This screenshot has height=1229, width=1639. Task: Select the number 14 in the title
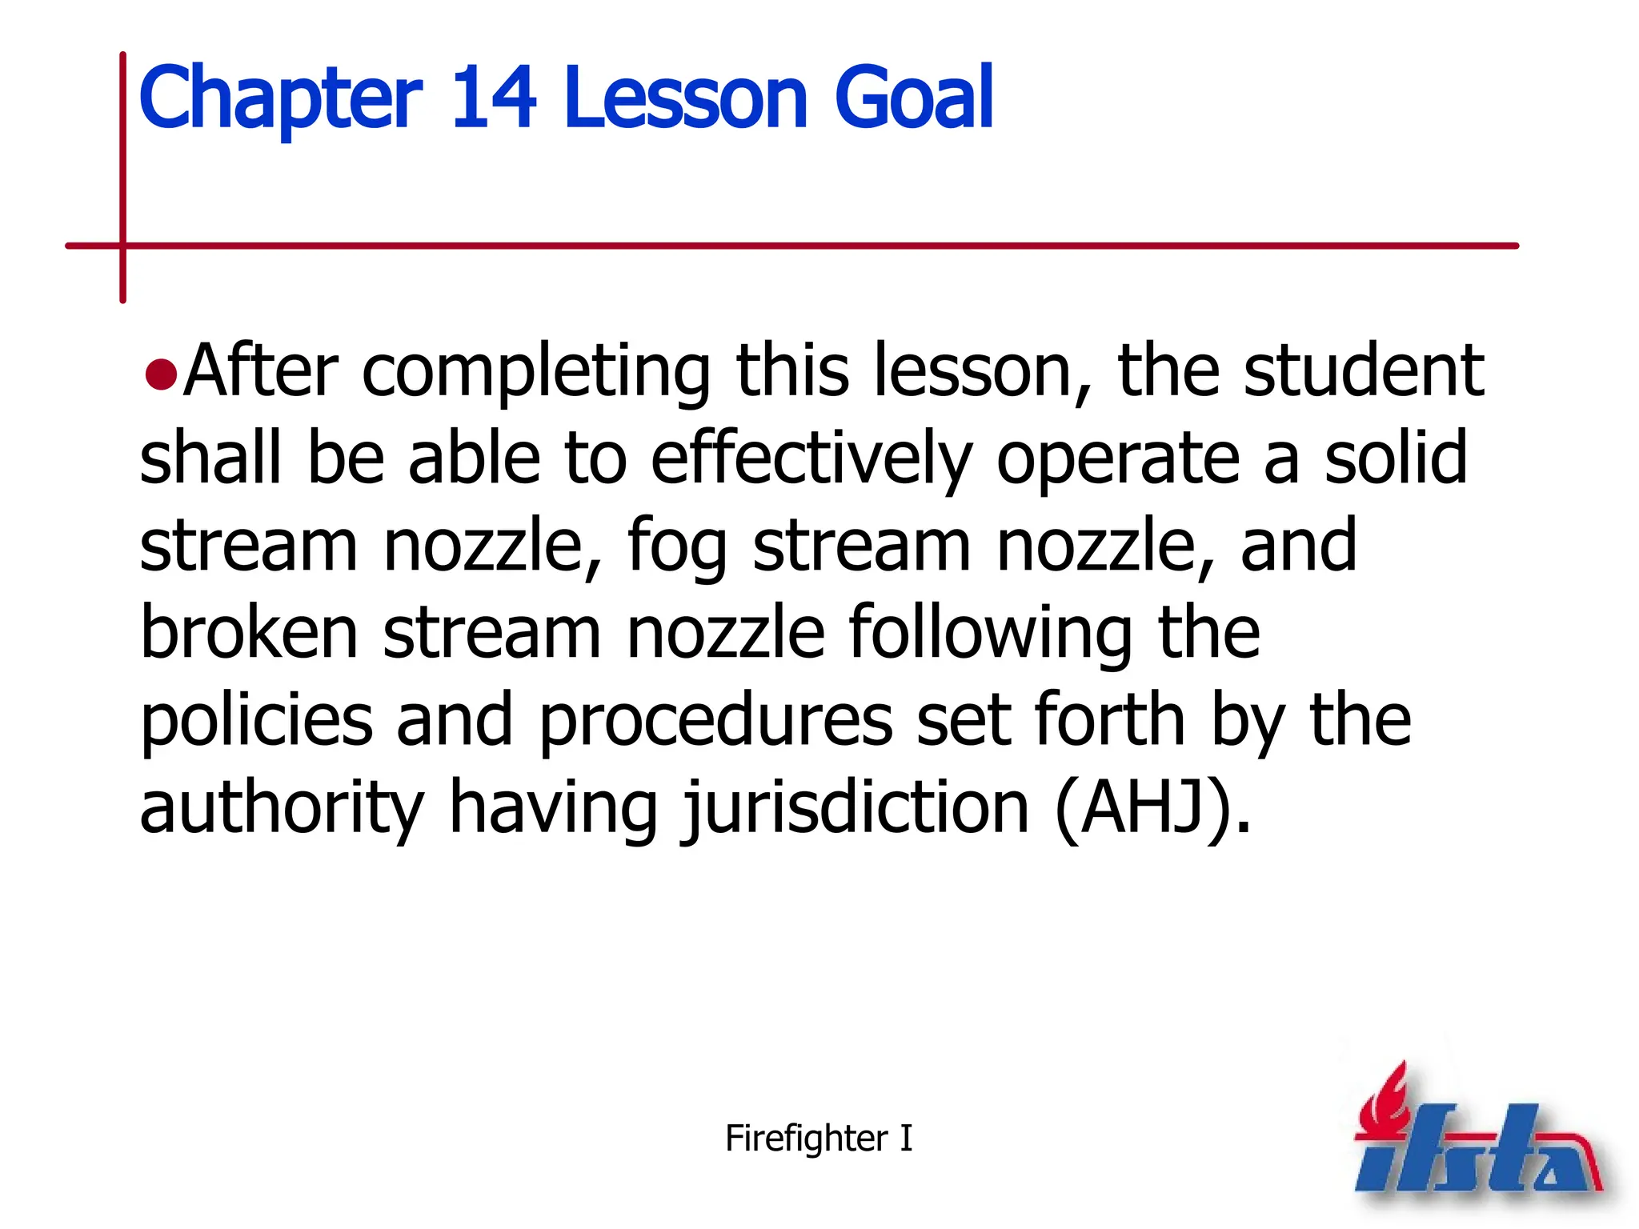point(493,98)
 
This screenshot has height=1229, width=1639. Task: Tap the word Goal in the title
point(913,98)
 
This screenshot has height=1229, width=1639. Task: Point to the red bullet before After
point(161,375)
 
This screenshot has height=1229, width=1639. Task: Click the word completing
point(535,373)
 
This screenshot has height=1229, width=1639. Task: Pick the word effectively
point(811,459)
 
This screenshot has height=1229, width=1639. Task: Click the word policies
point(256,723)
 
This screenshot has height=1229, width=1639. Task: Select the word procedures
point(715,723)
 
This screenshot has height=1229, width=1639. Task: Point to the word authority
point(282,810)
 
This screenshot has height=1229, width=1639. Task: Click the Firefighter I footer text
point(818,1138)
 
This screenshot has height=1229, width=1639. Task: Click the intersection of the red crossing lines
point(123,246)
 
